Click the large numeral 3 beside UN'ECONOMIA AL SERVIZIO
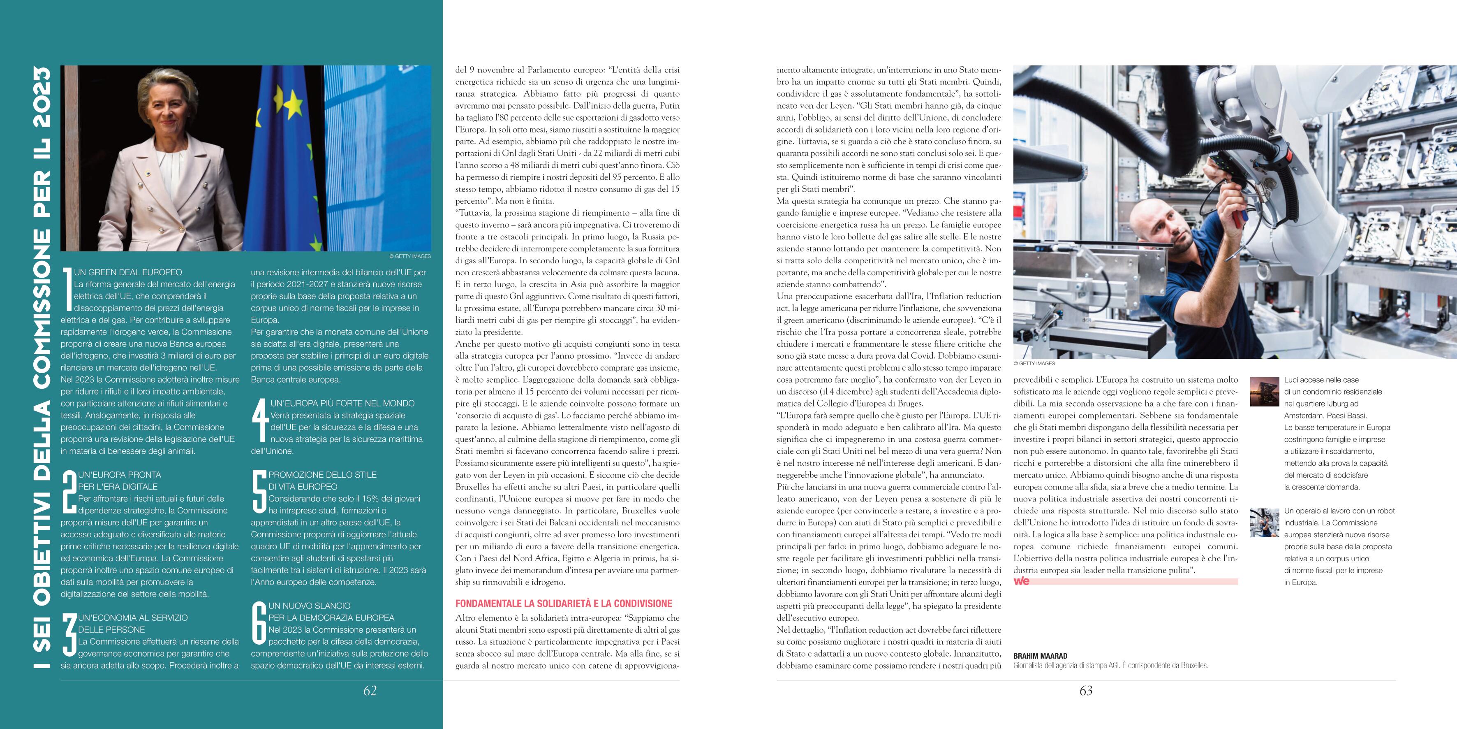tap(69, 634)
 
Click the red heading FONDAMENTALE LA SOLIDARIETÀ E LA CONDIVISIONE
tap(563, 604)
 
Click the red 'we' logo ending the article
tap(1022, 581)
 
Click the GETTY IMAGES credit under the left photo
tap(409, 256)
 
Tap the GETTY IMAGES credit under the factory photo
tap(1034, 363)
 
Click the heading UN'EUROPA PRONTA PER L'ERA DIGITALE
tap(119, 481)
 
